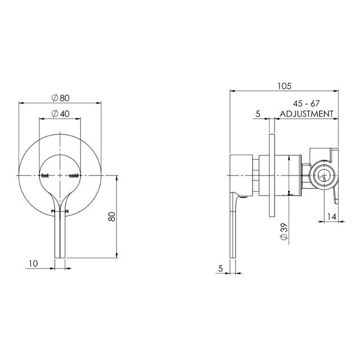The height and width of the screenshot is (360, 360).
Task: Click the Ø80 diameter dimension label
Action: pyautogui.click(x=60, y=97)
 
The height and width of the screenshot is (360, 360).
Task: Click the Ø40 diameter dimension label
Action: pyautogui.click(x=60, y=113)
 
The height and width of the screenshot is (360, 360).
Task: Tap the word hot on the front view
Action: pyautogui.click(x=46, y=175)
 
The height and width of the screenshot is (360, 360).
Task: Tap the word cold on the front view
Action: pyautogui.click(x=74, y=175)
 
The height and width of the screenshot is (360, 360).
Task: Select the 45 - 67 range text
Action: pyautogui.click(x=306, y=103)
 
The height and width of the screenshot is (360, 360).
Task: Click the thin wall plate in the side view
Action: pyautogui.click(x=272, y=175)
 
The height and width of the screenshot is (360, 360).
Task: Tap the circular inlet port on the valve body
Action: pyautogui.click(x=322, y=176)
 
